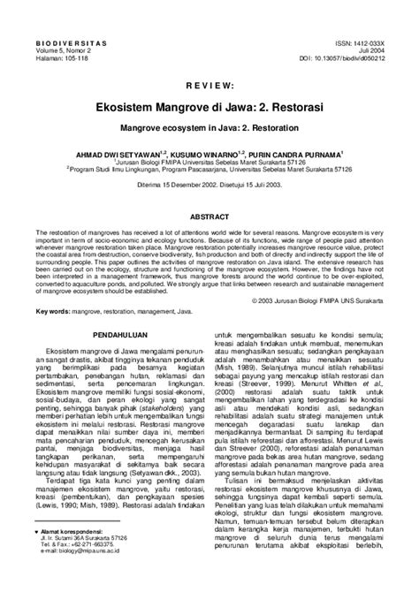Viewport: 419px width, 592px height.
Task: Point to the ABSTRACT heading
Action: [209, 216]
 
